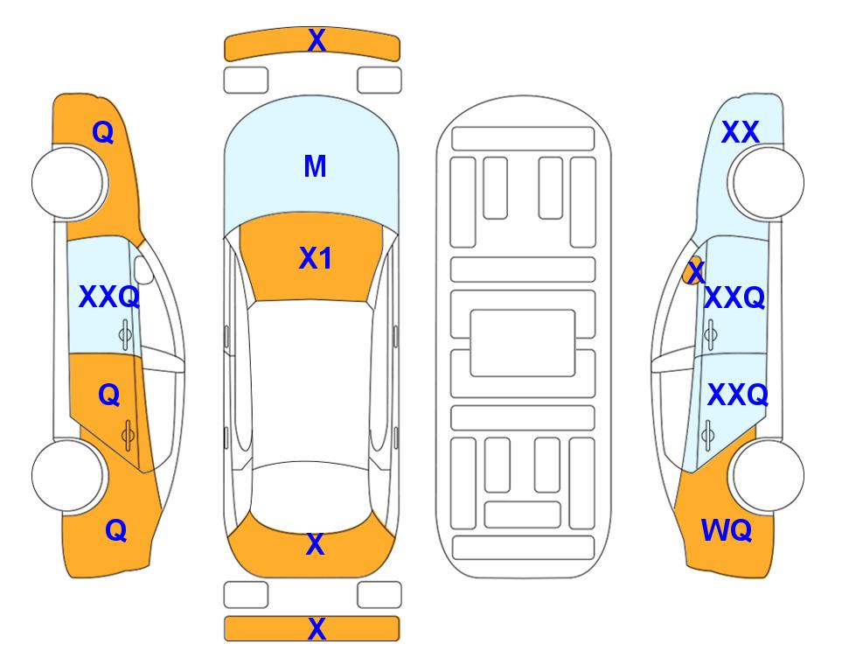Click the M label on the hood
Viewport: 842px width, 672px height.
click(315, 166)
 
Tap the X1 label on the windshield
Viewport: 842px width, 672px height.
click(316, 258)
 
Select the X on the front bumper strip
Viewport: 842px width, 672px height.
click(317, 40)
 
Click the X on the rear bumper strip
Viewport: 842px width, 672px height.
click(317, 628)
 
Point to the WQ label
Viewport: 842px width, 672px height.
click(727, 530)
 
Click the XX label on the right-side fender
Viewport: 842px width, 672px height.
click(740, 132)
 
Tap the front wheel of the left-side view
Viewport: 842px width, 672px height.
click(68, 183)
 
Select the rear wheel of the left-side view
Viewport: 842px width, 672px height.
click(68, 475)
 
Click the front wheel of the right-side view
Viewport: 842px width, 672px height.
click(768, 183)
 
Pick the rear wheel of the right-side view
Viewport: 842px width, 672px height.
click(768, 475)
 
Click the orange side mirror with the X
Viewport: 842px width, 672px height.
click(693, 270)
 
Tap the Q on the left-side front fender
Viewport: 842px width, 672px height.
click(103, 132)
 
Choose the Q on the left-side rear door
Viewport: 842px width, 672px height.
click(109, 395)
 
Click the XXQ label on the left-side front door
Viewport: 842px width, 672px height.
click(109, 297)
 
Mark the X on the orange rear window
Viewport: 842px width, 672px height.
click(316, 544)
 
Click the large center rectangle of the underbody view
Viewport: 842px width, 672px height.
click(523, 343)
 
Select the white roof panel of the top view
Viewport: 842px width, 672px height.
click(311, 382)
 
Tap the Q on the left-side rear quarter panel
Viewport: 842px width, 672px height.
click(116, 531)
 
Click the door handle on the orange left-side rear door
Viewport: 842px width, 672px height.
click(128, 435)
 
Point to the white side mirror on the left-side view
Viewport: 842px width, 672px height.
click(143, 269)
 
